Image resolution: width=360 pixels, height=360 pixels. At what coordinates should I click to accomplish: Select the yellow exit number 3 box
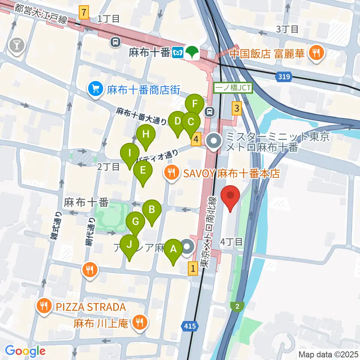236,109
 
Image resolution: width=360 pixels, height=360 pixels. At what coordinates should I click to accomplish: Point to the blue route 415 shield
190,327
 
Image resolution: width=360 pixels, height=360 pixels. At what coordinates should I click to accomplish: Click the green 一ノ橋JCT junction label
234,88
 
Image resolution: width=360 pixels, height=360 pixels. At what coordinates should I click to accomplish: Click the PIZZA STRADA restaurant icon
44,306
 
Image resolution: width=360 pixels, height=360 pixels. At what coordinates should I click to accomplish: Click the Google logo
25,351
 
